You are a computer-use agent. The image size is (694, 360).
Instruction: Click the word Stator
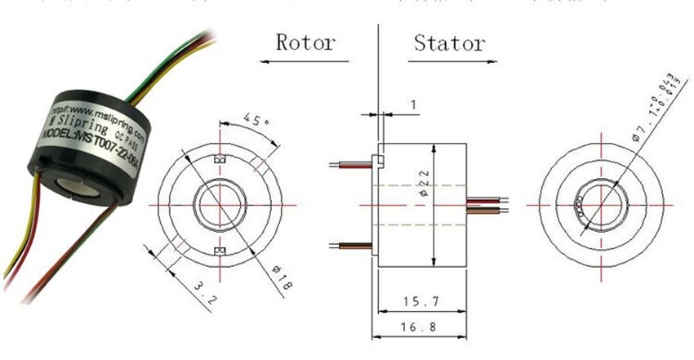448,42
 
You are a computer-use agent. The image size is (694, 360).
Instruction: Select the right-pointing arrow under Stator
449,60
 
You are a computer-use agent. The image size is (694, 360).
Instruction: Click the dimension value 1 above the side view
413,104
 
